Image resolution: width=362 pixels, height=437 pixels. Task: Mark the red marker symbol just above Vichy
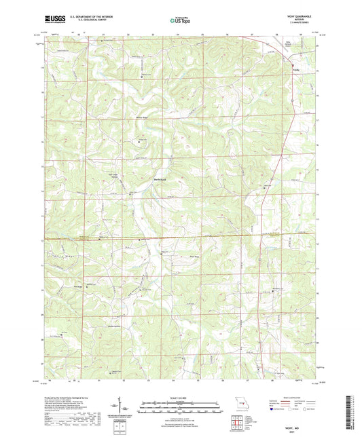tap(293, 65)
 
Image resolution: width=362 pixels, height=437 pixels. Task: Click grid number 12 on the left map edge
tap(41, 240)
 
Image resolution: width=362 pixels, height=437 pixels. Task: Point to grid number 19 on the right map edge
tap(318, 70)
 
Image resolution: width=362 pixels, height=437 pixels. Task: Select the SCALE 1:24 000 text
tap(180, 398)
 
